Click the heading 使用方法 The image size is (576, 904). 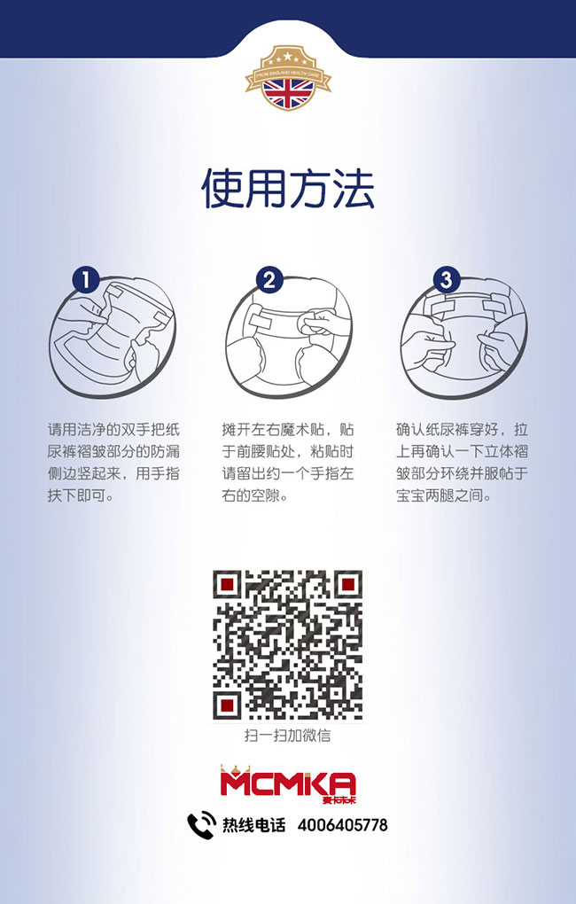tap(288, 188)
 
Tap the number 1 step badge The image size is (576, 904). tap(85, 281)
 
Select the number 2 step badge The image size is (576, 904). tap(269, 281)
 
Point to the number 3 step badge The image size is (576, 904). tap(447, 281)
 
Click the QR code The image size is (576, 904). tap(288, 645)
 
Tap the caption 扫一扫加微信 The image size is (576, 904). tap(288, 736)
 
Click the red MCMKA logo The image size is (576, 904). tap(288, 783)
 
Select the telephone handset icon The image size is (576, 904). tap(201, 825)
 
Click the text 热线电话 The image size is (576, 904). tap(253, 825)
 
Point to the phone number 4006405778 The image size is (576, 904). tap(343, 825)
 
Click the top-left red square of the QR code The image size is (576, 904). tap(228, 585)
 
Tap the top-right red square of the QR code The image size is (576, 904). tap(348, 585)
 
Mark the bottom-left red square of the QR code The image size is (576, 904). tap(228, 705)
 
